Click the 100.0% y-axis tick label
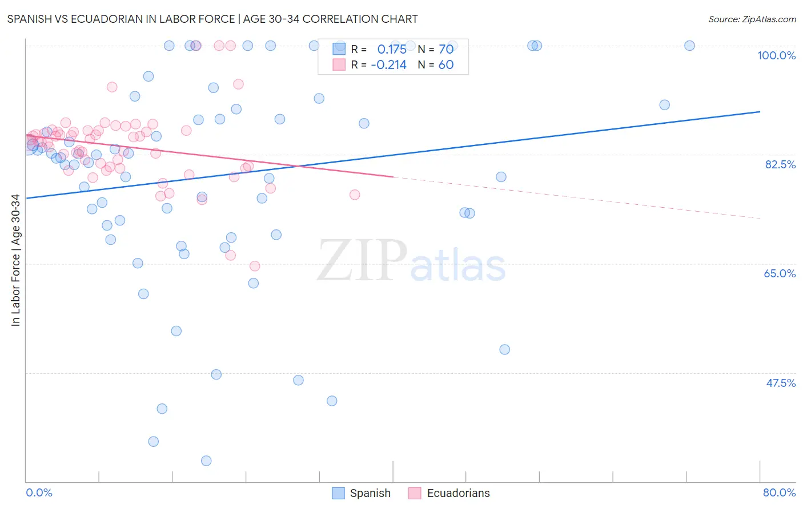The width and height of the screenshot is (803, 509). [x=776, y=55]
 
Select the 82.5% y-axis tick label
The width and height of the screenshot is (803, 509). [x=780, y=164]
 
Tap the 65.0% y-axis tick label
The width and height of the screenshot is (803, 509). [x=780, y=273]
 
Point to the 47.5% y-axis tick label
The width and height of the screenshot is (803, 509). [x=781, y=383]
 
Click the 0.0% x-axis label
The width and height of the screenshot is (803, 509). [x=39, y=492]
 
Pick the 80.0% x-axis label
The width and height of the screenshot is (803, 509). [x=779, y=492]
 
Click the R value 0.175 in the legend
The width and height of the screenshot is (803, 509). [x=392, y=49]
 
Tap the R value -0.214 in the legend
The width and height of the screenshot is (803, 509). [x=388, y=64]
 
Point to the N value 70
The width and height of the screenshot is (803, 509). [x=446, y=49]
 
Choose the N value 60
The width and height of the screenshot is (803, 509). [x=446, y=64]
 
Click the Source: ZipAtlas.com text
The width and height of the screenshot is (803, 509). [x=752, y=19]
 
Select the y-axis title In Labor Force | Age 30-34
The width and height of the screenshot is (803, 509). [x=15, y=260]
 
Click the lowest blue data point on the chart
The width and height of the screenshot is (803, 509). [x=206, y=460]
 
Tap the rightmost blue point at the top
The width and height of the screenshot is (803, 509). [x=689, y=46]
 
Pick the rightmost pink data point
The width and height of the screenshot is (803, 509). [x=355, y=195]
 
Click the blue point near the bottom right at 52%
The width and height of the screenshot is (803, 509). [x=504, y=349]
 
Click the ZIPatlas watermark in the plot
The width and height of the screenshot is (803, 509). [x=411, y=261]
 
